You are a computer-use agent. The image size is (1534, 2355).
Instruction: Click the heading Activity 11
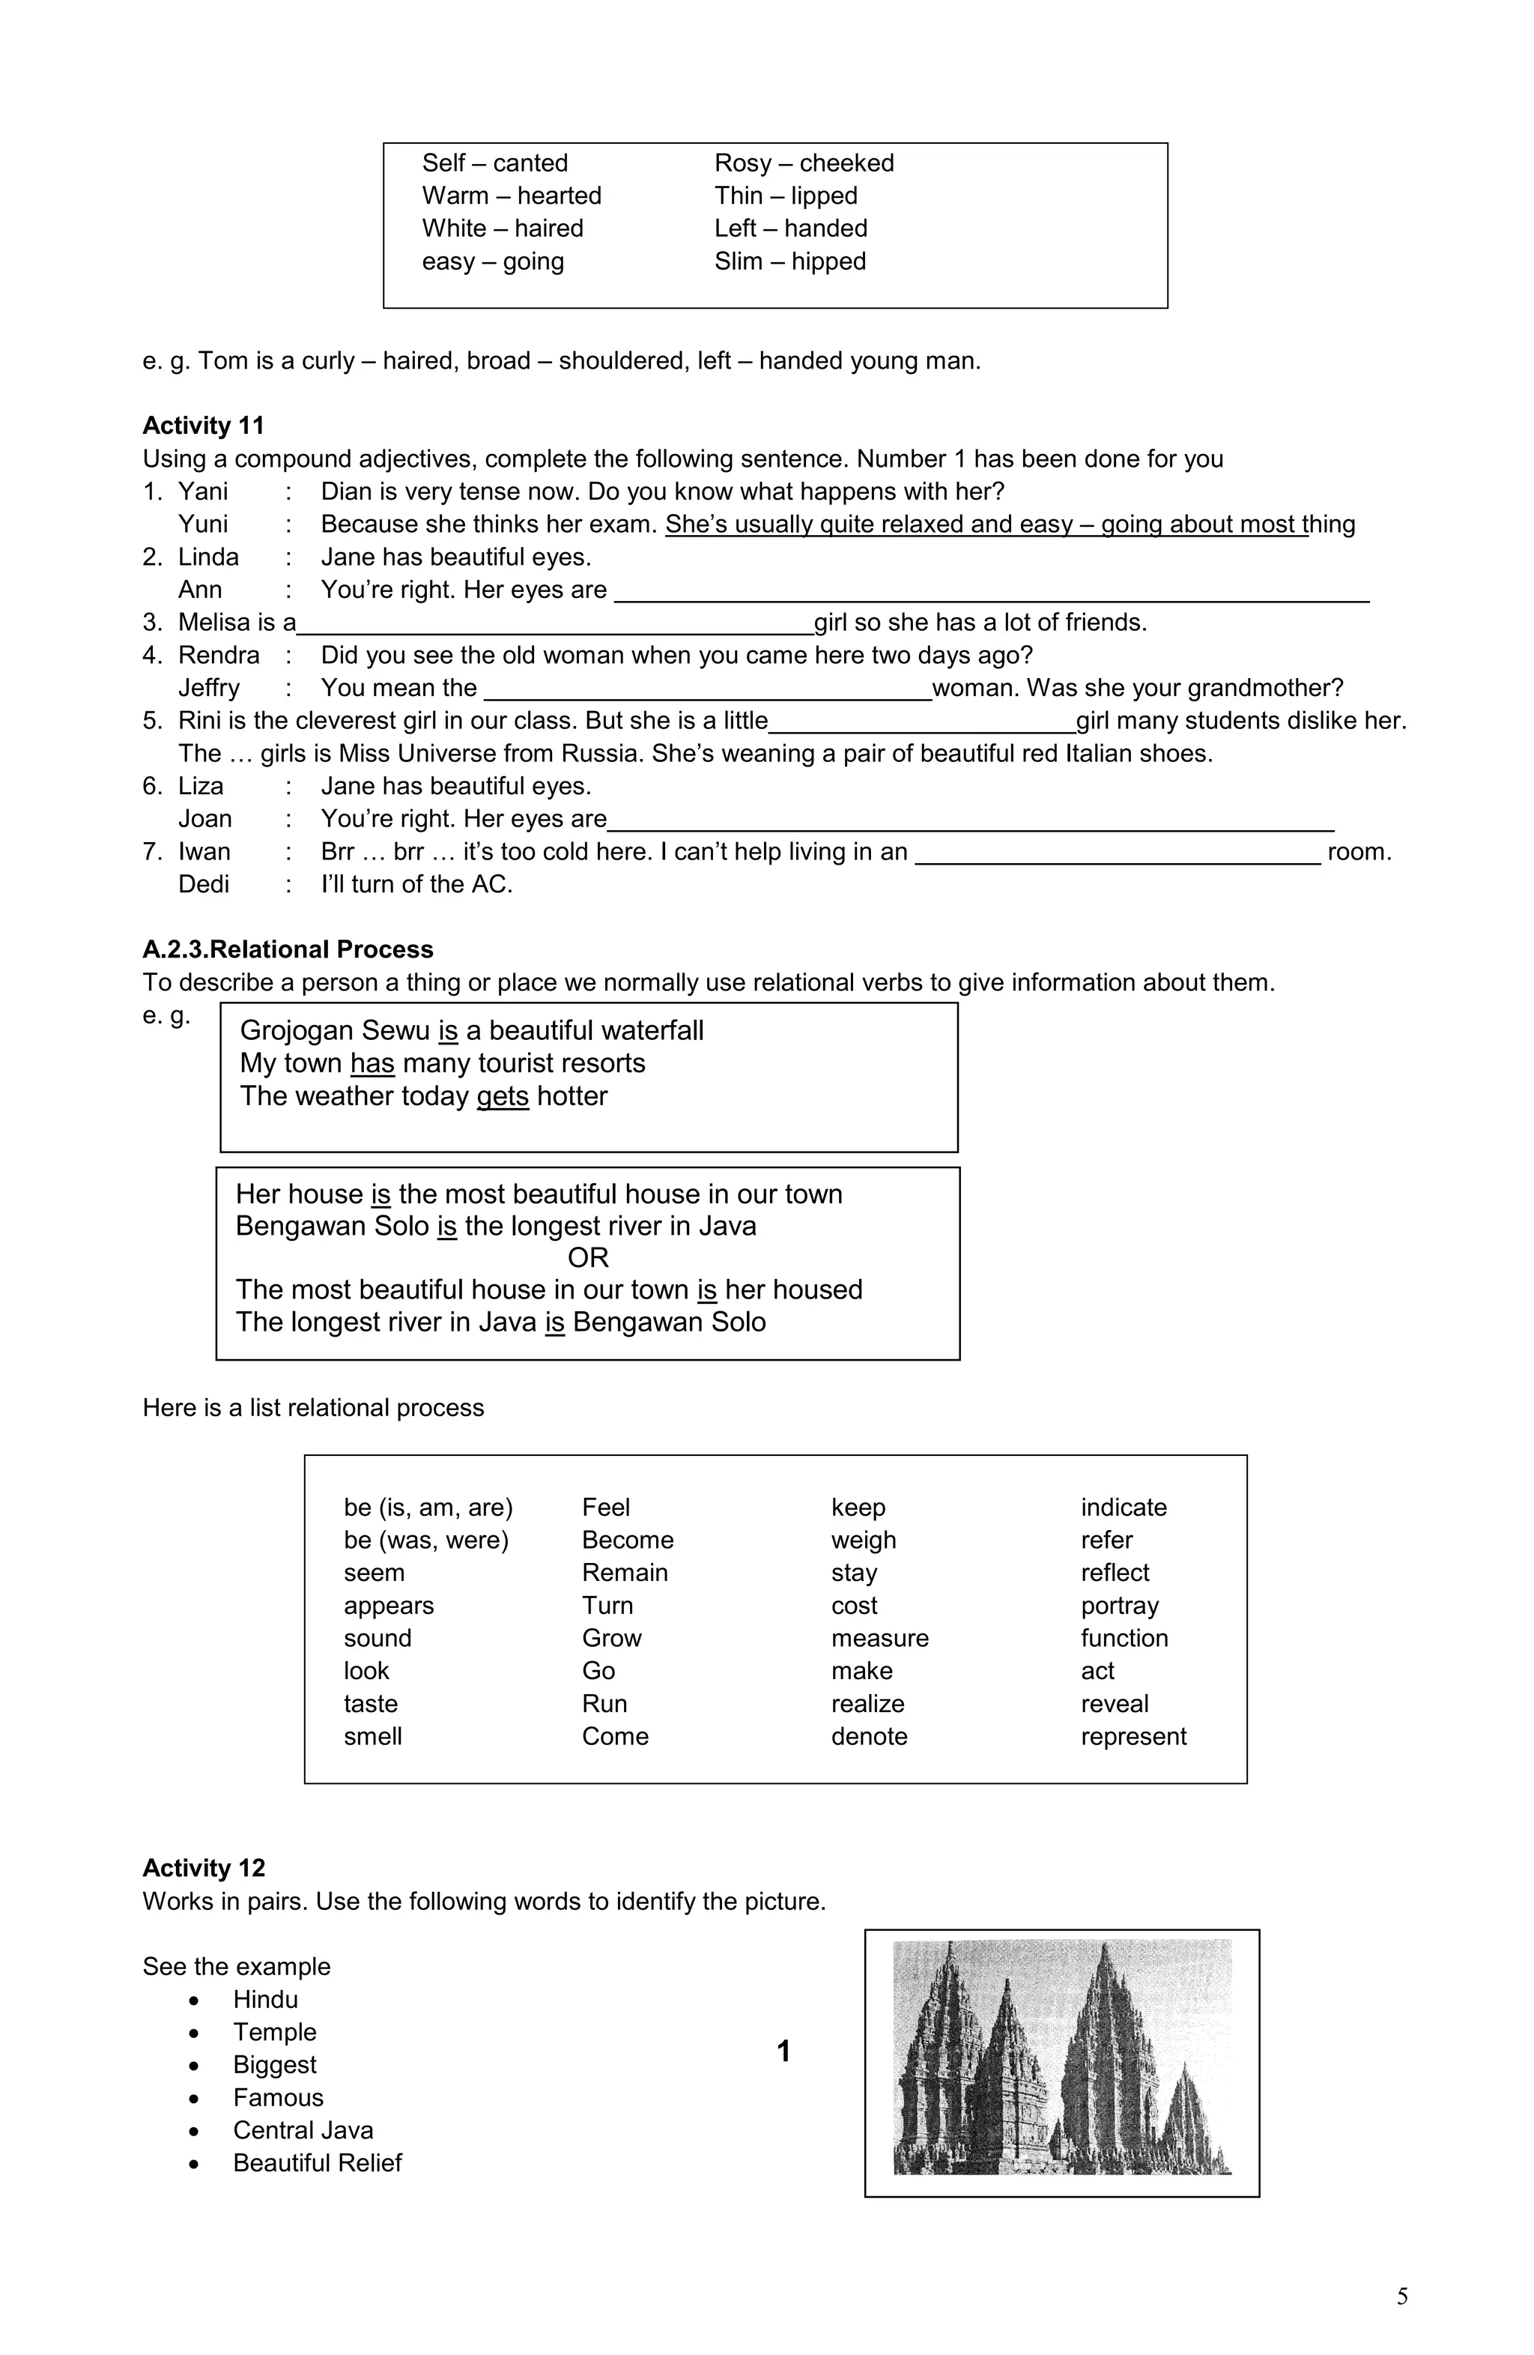pyautogui.click(x=203, y=426)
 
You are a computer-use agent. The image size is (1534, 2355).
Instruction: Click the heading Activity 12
pyautogui.click(x=203, y=1867)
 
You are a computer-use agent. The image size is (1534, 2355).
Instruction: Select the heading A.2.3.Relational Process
pyautogui.click(x=288, y=949)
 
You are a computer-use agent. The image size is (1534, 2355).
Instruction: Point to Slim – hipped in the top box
pyautogui.click(x=789, y=262)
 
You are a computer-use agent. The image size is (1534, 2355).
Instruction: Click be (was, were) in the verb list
pyautogui.click(x=425, y=1540)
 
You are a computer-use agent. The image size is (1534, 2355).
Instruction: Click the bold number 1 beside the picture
pyautogui.click(x=783, y=2052)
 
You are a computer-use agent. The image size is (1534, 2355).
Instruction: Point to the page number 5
pyautogui.click(x=1401, y=2297)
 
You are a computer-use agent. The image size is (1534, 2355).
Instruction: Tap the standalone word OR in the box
pyautogui.click(x=587, y=1257)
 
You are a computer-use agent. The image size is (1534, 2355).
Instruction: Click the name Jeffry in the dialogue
pyautogui.click(x=209, y=688)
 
